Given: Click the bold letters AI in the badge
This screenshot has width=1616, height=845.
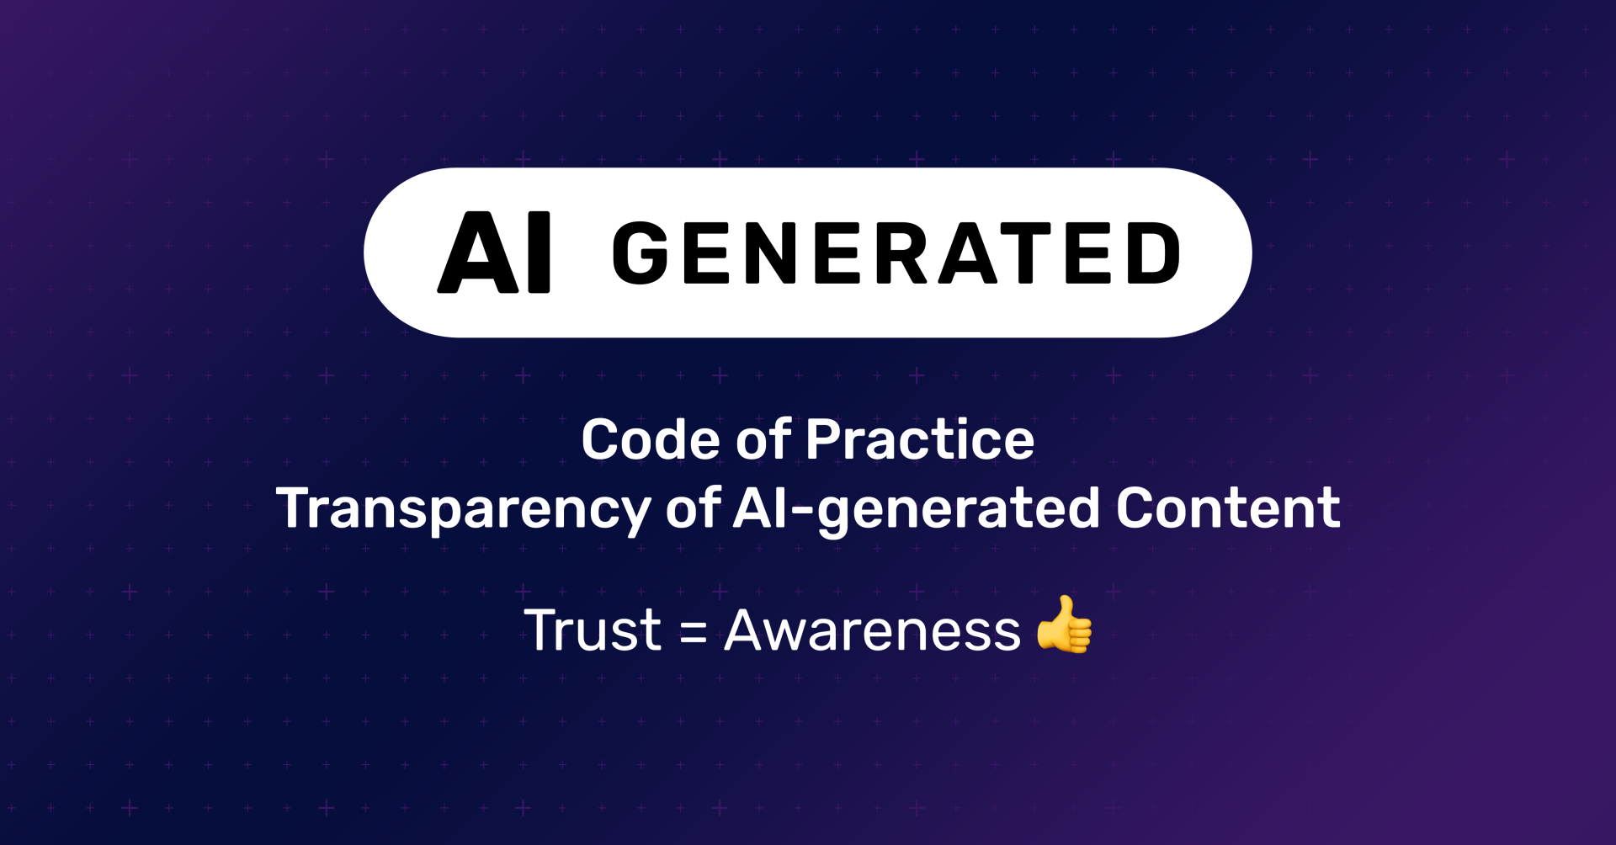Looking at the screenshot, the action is click(494, 252).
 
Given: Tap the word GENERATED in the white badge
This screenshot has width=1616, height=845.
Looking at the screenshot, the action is click(896, 253).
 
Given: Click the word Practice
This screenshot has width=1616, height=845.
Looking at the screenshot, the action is click(920, 439).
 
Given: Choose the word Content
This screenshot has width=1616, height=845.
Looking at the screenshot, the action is click(1228, 508).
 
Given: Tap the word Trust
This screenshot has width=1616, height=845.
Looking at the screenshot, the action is click(593, 630).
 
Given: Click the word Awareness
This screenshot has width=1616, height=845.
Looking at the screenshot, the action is click(872, 630).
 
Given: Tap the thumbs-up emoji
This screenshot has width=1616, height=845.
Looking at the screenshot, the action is click(1065, 624).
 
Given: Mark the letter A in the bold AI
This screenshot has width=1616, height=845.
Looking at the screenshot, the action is click(478, 252).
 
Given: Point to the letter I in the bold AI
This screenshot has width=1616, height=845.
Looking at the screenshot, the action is click(540, 252).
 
